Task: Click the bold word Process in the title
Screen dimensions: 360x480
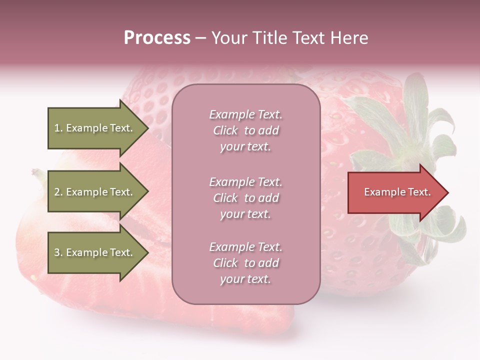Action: coord(157,38)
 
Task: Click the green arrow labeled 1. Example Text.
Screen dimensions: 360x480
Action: coord(95,128)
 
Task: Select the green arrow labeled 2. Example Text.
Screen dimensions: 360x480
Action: coord(95,192)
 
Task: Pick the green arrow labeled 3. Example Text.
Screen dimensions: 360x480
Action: coord(95,252)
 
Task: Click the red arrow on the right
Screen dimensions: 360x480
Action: coord(395,192)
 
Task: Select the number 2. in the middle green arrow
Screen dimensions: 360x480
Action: coord(58,192)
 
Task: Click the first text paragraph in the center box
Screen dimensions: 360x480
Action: coord(245,130)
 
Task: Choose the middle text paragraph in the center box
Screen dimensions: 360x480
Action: coord(245,198)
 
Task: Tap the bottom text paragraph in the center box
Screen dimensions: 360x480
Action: coord(245,263)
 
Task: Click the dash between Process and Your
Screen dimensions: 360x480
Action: coord(201,38)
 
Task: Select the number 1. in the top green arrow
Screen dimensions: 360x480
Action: coord(58,128)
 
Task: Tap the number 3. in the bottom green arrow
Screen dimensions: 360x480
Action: coord(58,252)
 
